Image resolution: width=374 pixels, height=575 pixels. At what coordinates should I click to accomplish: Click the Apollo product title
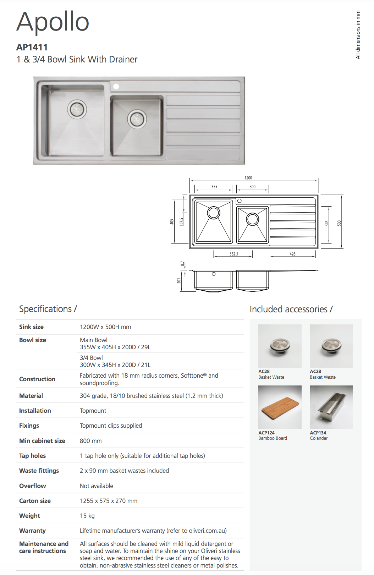pos(53,22)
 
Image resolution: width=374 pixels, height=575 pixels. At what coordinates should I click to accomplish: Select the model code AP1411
pos(32,47)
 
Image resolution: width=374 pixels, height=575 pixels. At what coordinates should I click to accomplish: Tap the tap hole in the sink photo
pos(116,86)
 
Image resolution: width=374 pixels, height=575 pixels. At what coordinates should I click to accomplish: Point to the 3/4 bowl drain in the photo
pos(137,119)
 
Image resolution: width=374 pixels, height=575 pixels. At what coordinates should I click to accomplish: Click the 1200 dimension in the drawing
pos(248,178)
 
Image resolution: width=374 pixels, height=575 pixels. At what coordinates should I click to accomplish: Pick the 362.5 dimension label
pos(234,254)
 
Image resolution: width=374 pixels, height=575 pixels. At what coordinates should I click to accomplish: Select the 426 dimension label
pos(292,254)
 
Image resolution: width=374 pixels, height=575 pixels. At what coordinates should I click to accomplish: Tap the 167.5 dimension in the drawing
pos(181,222)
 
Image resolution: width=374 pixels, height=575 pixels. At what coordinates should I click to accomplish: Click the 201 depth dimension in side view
pos(179,281)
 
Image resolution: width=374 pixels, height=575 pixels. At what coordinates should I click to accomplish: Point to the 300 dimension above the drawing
pos(252,187)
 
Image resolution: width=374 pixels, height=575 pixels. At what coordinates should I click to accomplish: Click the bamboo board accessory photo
pos(280,407)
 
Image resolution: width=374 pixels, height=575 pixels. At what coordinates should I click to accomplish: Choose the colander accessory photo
pos(331,407)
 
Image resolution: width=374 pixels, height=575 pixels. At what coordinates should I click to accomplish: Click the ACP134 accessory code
pos(318,433)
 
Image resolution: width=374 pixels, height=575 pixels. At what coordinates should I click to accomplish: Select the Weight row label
pos(29,516)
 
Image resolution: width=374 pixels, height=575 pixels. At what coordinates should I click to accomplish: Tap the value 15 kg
pos(87,516)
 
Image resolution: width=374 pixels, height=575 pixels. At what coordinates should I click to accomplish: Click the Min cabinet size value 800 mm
pos(91,441)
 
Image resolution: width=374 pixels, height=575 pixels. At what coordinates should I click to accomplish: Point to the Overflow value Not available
pos(97,486)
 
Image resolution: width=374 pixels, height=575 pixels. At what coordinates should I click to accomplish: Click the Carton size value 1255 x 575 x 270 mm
pos(109,501)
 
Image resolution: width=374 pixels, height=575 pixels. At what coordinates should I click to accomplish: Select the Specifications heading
pos(48,309)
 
